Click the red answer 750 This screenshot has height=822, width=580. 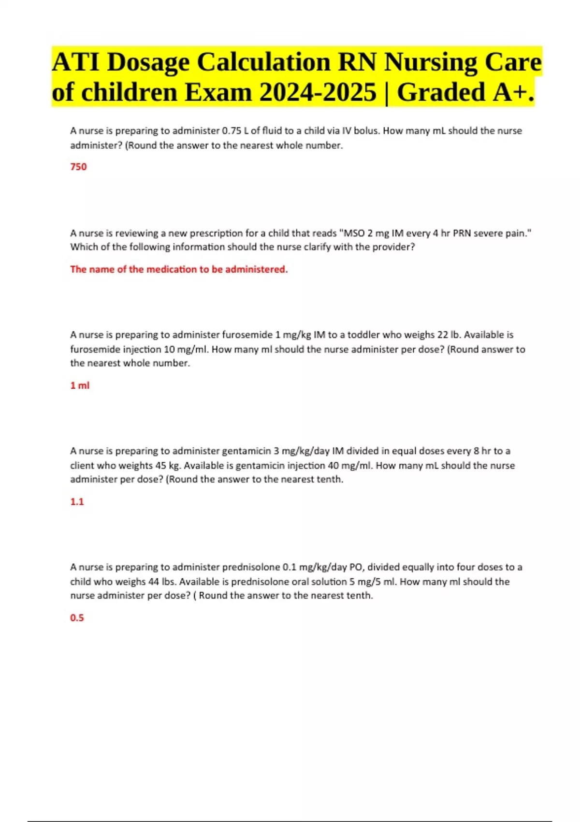[x=78, y=167]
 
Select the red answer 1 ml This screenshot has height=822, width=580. [x=80, y=385]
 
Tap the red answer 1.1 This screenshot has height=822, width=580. [x=77, y=501]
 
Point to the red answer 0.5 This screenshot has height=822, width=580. [x=77, y=617]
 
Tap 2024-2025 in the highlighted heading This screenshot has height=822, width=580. [x=318, y=92]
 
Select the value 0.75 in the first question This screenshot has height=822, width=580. [x=231, y=131]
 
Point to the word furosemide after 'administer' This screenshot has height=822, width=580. [x=247, y=335]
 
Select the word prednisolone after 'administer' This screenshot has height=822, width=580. [x=251, y=567]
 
